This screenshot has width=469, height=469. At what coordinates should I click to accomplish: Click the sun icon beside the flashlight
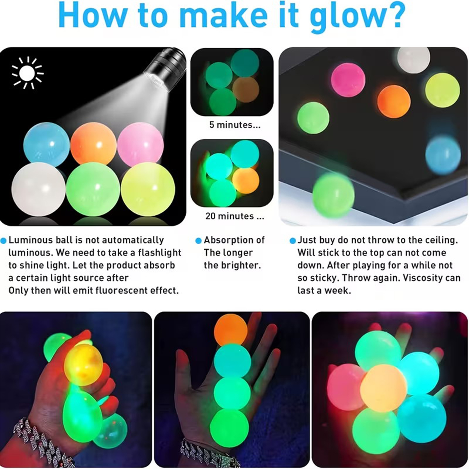point(27,73)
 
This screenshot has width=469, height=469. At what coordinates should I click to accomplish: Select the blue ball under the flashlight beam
point(47,144)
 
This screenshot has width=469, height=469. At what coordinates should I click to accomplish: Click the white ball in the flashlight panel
point(38,189)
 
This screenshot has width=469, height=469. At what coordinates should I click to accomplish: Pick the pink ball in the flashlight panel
point(140,144)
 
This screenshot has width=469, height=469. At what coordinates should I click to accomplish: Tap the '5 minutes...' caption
point(235,125)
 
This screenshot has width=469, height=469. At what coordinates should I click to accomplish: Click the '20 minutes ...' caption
point(235,216)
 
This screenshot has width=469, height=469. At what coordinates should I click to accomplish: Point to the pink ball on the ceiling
point(348,79)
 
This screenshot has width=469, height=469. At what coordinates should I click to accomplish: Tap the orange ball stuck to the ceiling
point(394,101)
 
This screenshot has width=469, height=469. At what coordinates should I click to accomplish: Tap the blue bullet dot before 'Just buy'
point(292,241)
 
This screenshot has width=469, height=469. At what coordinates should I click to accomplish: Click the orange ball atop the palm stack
point(231,330)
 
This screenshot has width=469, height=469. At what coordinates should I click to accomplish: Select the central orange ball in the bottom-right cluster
point(383,388)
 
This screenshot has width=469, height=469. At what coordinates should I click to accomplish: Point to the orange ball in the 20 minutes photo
point(246,181)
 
